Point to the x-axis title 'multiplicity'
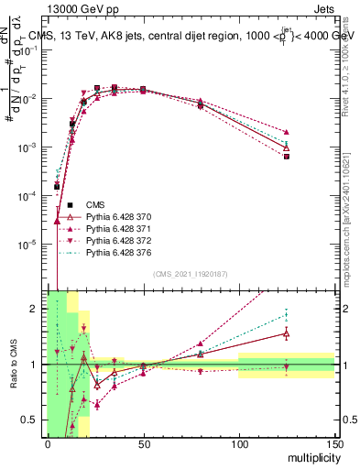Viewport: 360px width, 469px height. pos(311,455)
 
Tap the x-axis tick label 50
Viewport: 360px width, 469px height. pos(143,443)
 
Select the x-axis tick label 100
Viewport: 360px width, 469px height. pos(238,443)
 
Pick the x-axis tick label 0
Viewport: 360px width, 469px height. pos(48,443)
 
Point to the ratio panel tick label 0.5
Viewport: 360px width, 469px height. pos(30,420)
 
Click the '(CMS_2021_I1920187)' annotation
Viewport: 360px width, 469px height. pos(191,274)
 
